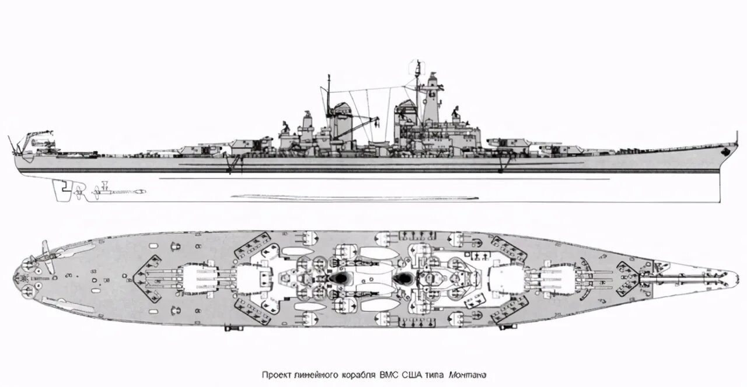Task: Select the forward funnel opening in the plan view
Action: coord(403,279)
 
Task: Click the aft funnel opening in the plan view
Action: coord(338,279)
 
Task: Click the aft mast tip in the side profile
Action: coord(329,77)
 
